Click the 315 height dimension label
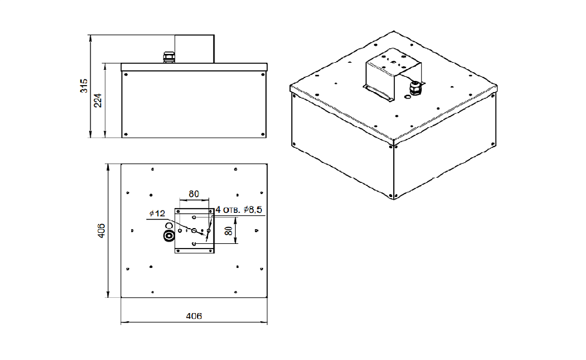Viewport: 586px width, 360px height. [x=84, y=86]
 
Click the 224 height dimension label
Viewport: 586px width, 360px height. [x=98, y=100]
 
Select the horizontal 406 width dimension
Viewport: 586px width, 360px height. [x=194, y=316]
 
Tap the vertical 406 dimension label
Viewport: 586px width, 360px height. [x=101, y=230]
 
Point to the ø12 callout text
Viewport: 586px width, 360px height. [x=157, y=213]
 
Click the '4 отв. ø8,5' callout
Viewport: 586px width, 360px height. [x=239, y=210]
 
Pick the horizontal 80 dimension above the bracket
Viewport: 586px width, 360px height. [x=193, y=194]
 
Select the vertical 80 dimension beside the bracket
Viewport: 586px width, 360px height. [x=229, y=230]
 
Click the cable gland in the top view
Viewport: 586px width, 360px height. [x=169, y=236]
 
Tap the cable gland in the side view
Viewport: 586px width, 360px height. [x=169, y=57]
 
